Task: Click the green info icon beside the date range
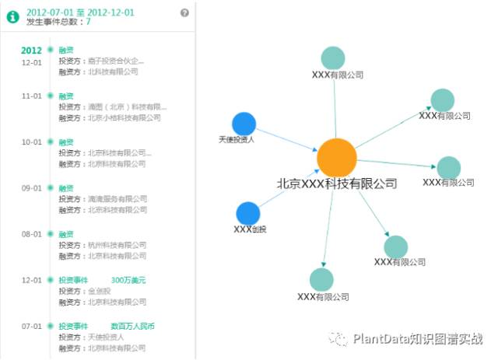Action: (x=13, y=17)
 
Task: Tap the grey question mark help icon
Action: (x=184, y=12)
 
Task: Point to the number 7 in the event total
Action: (x=88, y=23)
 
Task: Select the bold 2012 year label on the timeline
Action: (x=31, y=51)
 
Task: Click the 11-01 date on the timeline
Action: (x=31, y=96)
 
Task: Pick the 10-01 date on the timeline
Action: (x=31, y=142)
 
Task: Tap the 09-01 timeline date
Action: (x=31, y=188)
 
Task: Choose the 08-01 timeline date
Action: (x=31, y=234)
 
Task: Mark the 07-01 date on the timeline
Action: (x=31, y=327)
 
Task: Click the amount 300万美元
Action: (x=128, y=280)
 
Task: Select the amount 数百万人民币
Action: (x=132, y=327)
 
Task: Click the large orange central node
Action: (x=336, y=157)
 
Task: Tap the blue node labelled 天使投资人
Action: (x=244, y=124)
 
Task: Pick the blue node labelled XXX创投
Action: (x=247, y=213)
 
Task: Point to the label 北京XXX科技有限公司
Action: (x=337, y=184)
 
